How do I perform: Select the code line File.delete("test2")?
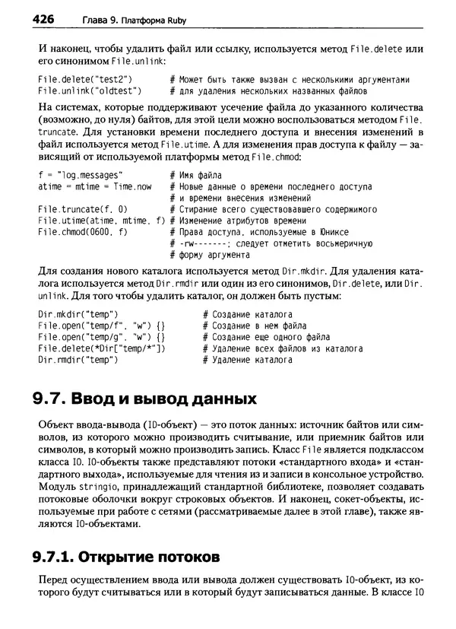point(85,79)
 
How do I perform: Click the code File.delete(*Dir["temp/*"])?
point(102,348)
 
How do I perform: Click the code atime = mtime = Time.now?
point(95,186)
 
